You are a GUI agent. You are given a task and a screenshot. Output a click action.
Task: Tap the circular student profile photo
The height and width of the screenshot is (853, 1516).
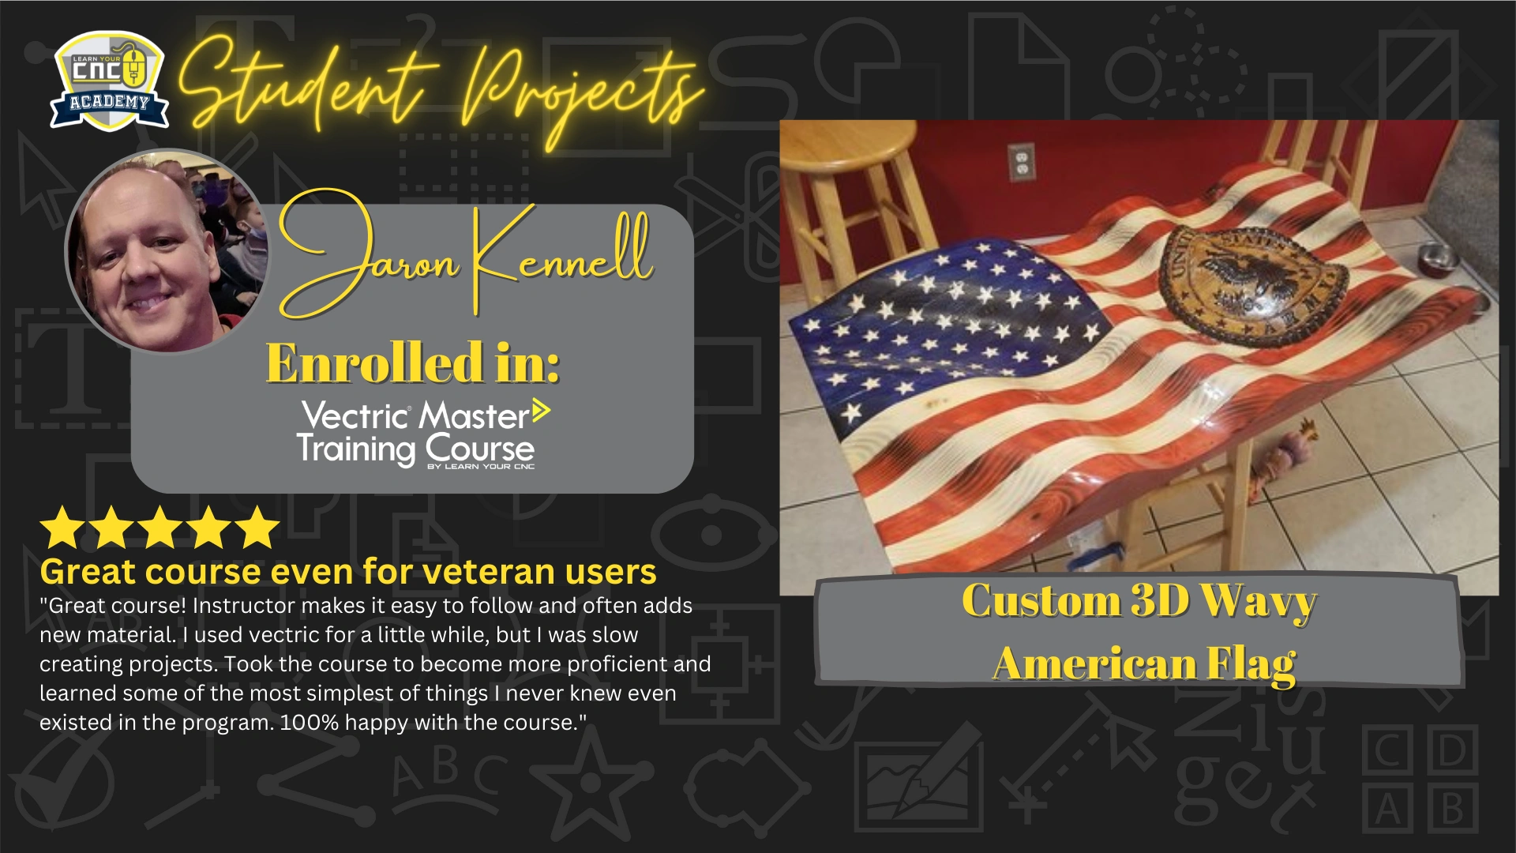(x=167, y=251)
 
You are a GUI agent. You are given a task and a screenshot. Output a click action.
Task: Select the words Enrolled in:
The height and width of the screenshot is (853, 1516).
(x=413, y=363)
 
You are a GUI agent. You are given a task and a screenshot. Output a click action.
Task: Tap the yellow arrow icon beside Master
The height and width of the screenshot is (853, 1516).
(x=541, y=411)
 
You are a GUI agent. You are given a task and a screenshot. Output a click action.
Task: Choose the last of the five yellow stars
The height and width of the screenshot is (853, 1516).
(x=257, y=528)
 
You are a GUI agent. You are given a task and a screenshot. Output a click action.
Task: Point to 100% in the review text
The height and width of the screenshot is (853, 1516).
(x=310, y=723)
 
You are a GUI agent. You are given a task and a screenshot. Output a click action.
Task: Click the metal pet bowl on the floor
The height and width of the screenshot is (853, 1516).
(x=1436, y=256)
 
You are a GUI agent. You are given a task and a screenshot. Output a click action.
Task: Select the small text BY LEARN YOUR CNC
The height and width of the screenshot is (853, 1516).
(x=481, y=467)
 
